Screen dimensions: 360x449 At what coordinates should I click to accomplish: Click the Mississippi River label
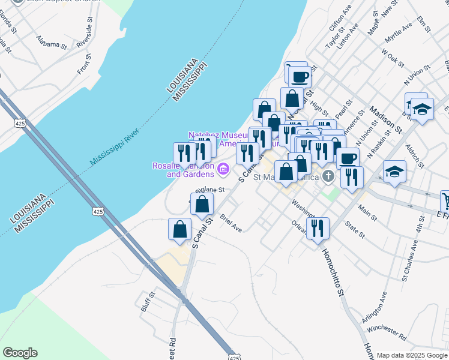click(114, 146)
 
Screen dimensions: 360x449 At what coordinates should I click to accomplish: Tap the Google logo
click(20, 353)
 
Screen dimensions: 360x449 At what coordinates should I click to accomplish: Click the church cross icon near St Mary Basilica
click(328, 176)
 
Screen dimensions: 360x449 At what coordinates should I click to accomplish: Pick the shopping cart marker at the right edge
click(445, 200)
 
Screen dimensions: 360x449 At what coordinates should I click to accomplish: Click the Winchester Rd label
click(387, 329)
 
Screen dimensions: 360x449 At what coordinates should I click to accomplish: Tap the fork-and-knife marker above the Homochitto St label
click(318, 228)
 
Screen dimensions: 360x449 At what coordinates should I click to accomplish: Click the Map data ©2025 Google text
click(411, 355)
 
